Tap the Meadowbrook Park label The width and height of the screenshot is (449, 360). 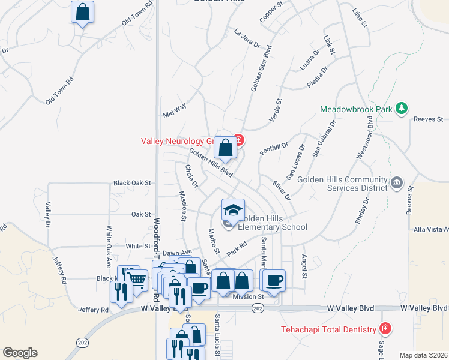pyautogui.click(x=356, y=110)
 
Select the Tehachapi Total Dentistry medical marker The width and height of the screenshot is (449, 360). pyautogui.click(x=385, y=329)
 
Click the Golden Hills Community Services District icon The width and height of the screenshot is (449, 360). pyautogui.click(x=396, y=182)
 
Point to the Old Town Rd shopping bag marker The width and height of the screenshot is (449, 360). pyautogui.click(x=82, y=12)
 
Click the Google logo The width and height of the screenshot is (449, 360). pyautogui.click(x=20, y=353)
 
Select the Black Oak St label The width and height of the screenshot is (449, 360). pyautogui.click(x=131, y=182)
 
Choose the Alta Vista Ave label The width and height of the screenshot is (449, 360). pyautogui.click(x=431, y=229)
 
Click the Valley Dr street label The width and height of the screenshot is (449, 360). pyautogui.click(x=47, y=210)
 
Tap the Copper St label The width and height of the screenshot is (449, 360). pyautogui.click(x=271, y=16)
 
